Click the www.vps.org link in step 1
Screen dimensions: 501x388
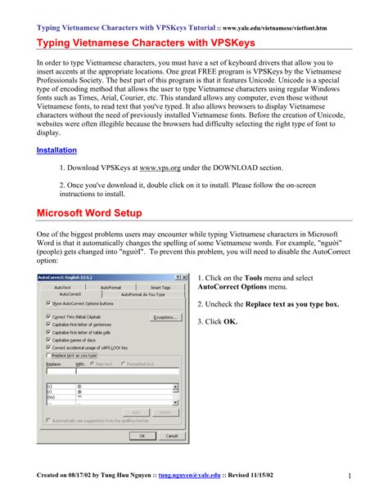click(159, 168)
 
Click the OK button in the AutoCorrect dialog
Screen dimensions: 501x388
click(142, 436)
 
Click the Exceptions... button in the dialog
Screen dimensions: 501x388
click(165, 316)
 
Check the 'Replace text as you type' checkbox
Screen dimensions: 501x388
click(47, 356)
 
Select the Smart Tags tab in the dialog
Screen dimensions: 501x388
click(160, 288)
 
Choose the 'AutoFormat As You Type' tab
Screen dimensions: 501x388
click(147, 294)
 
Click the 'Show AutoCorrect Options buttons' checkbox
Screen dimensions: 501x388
click(47, 302)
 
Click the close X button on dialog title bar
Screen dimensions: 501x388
click(185, 277)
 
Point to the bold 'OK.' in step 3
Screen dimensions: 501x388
click(230, 322)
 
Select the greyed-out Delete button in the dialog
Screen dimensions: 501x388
click(165, 412)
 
